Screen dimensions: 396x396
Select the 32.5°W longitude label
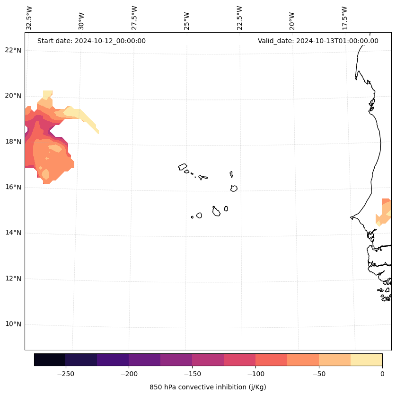click(x=29, y=18)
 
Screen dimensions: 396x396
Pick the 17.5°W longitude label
click(x=345, y=18)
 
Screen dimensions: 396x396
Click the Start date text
click(x=91, y=41)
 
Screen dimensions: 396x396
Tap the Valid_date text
click(x=318, y=41)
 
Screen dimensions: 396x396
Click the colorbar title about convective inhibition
click(x=208, y=387)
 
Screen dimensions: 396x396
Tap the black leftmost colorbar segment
click(x=50, y=360)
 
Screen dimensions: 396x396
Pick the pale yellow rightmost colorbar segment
click(x=366, y=360)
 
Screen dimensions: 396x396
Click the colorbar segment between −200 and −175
click(x=144, y=360)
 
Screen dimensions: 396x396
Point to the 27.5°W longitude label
click(x=134, y=18)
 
